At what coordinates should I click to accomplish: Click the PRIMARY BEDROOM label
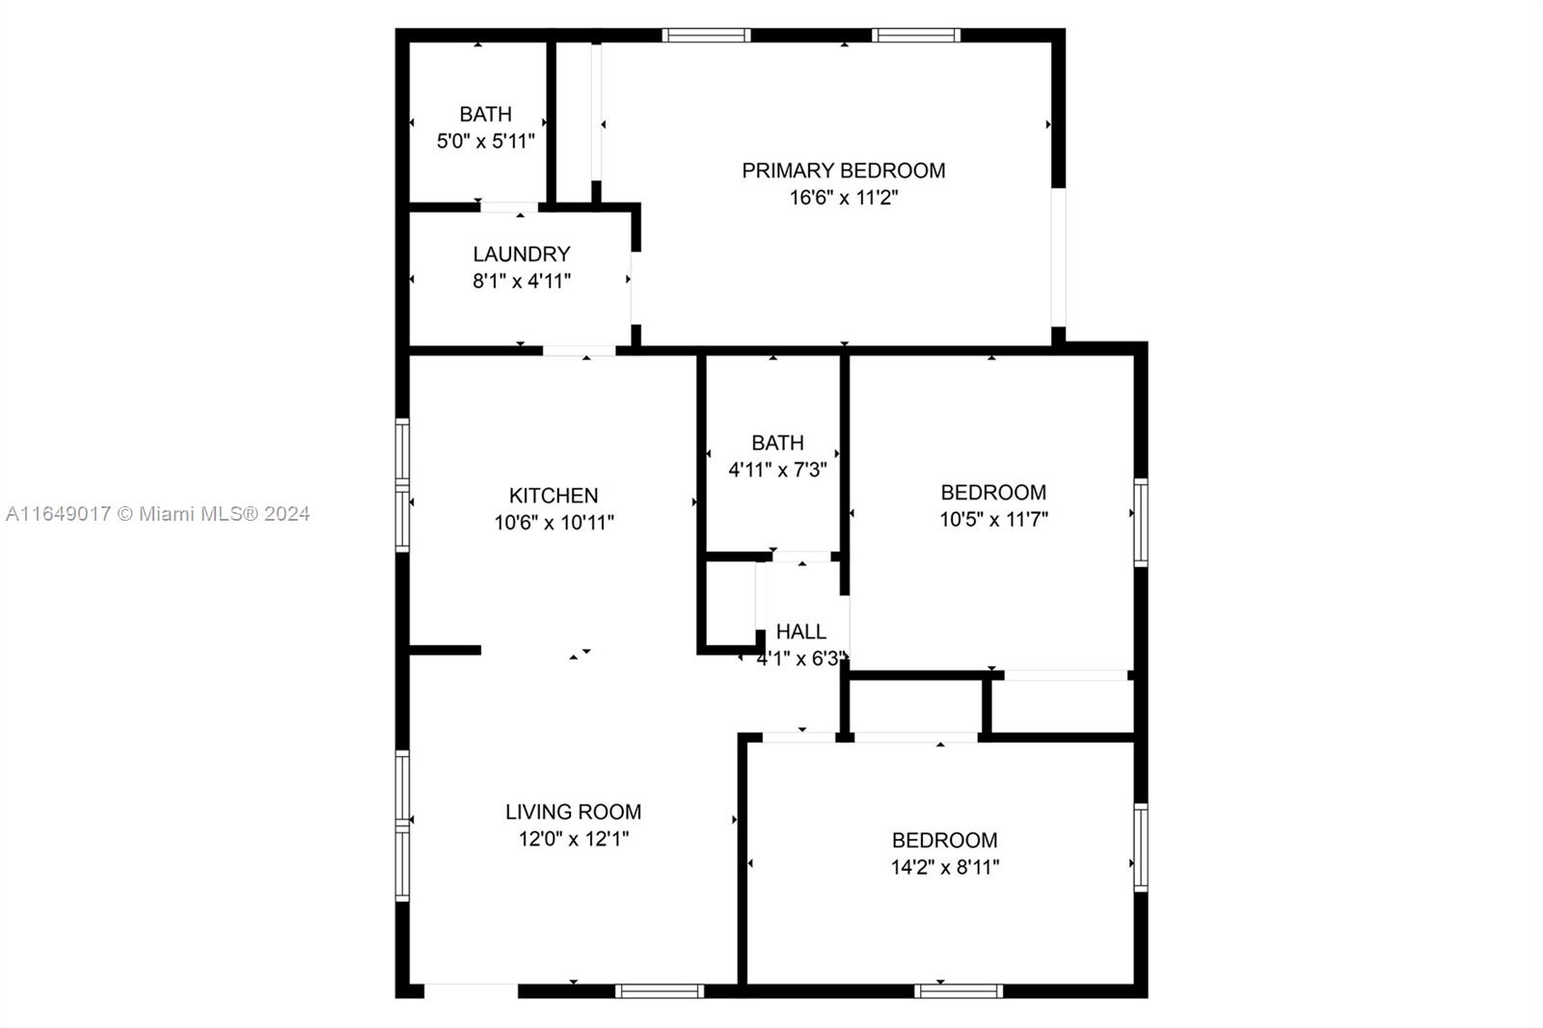point(843,170)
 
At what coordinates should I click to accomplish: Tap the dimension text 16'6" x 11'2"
point(844,198)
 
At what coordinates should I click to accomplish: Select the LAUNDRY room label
point(522,255)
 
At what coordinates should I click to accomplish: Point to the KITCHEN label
point(554,496)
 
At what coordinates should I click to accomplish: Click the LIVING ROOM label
point(573,812)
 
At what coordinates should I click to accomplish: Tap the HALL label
point(801,631)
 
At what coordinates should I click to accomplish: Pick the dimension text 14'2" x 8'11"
point(945,867)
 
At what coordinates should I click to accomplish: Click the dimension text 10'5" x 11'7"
point(994,519)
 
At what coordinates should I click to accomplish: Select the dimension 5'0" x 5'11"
point(486,141)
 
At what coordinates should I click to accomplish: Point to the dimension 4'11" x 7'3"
point(777,470)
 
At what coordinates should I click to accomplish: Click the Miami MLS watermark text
point(158,514)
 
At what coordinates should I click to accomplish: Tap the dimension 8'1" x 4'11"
point(522,282)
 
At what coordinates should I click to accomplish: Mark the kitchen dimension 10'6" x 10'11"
point(554,523)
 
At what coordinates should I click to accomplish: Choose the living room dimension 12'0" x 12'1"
point(574,839)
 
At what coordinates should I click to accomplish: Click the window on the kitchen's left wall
point(402,485)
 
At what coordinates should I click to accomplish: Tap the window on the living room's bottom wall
point(660,990)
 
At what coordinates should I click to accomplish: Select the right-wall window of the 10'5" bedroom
point(1141,523)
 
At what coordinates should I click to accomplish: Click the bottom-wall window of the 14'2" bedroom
point(959,990)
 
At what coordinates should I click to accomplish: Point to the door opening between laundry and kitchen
point(579,351)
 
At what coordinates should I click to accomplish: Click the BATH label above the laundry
point(486,114)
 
